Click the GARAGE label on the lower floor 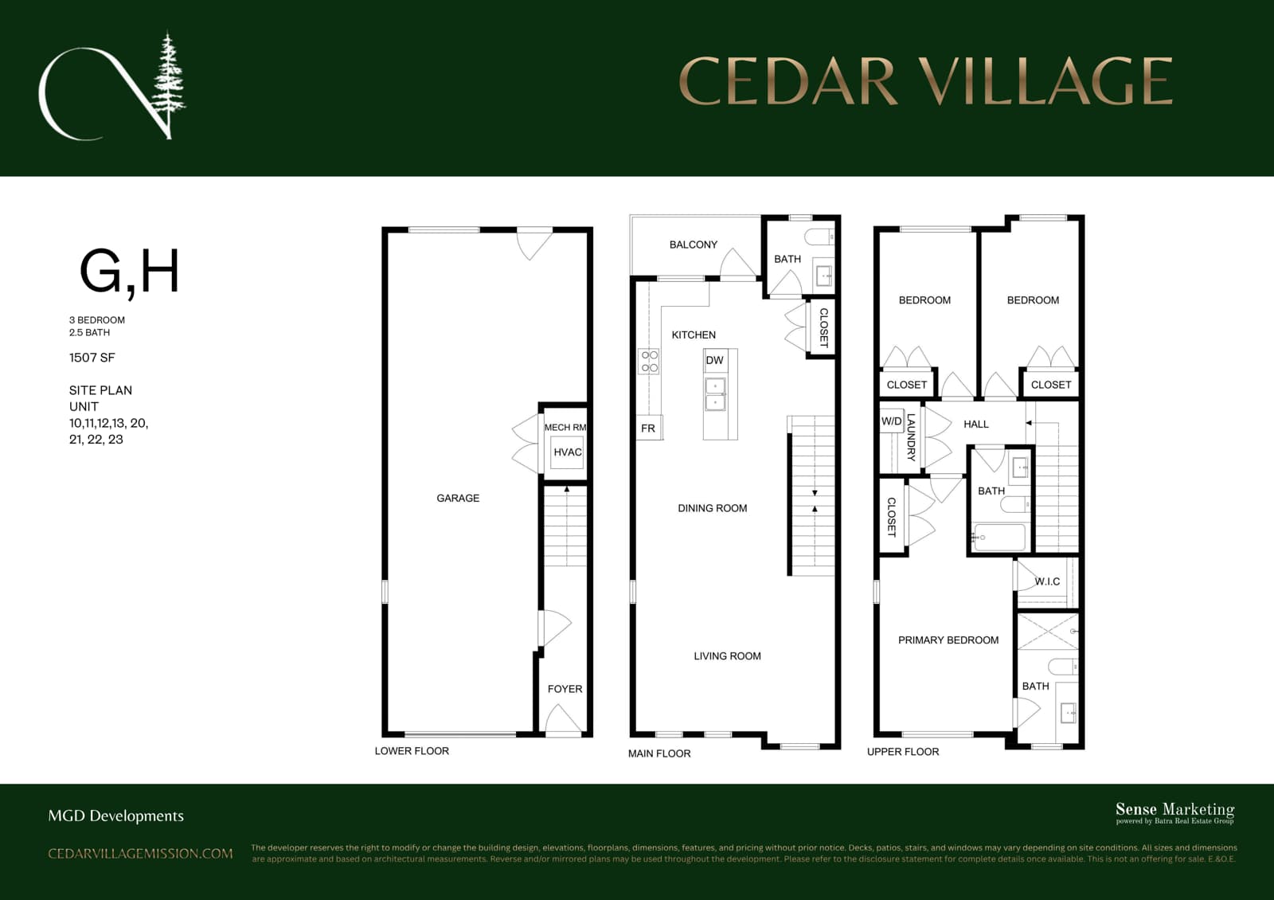(458, 499)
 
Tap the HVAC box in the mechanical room (567, 452)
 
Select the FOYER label (565, 689)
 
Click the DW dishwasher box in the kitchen (715, 360)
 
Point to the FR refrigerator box (648, 428)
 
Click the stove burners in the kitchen (649, 362)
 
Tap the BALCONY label (694, 245)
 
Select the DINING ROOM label (712, 508)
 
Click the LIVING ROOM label (727, 656)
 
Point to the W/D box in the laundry (891, 421)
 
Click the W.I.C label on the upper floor (1047, 581)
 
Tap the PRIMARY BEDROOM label (948, 640)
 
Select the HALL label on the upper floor (976, 424)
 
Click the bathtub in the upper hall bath (999, 537)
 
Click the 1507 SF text (92, 358)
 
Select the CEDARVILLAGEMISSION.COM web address (140, 853)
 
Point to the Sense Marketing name (1175, 808)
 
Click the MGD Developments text (116, 816)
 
